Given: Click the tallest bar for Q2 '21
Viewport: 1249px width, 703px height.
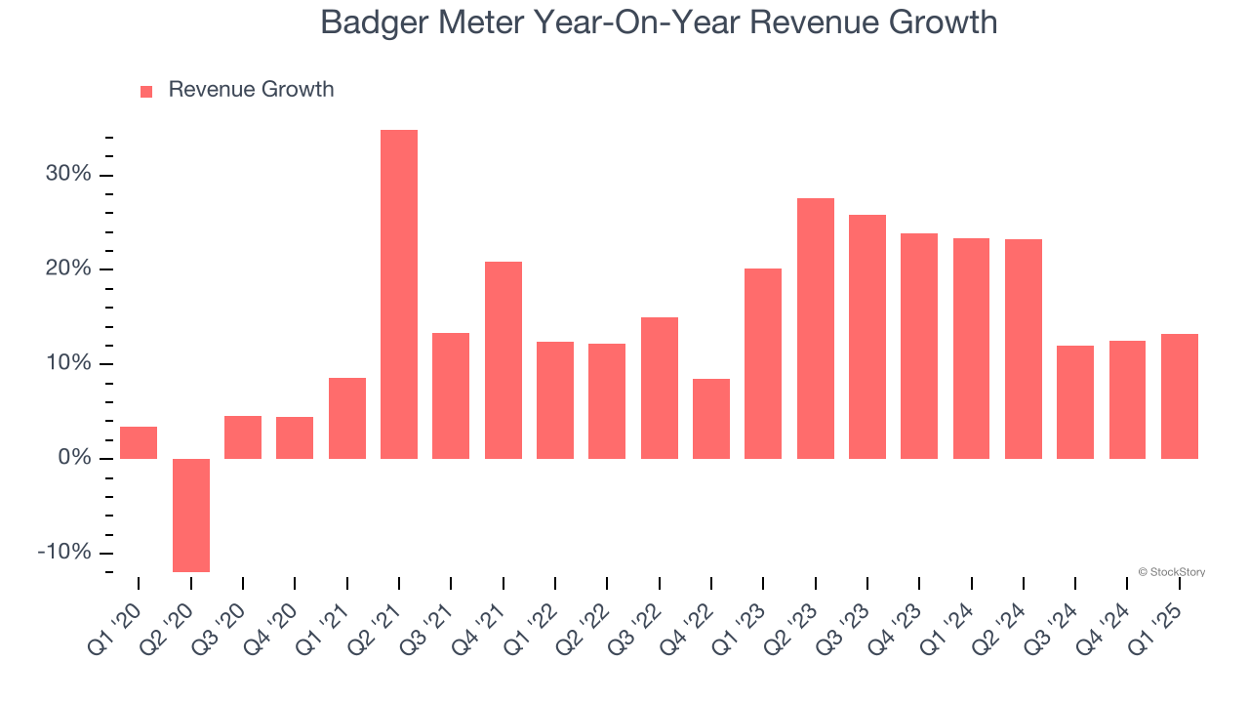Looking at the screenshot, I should click(399, 293).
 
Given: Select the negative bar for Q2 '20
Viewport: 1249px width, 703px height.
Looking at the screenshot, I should click(191, 515).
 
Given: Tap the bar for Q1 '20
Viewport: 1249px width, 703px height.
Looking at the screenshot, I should click(139, 442).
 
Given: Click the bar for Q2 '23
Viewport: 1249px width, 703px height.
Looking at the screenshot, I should click(816, 328).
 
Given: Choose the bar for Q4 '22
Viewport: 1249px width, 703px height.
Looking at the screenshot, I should click(711, 418).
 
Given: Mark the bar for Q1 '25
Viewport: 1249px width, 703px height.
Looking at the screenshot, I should click(1180, 395).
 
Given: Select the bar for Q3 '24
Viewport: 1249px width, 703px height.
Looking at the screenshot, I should click(1075, 401).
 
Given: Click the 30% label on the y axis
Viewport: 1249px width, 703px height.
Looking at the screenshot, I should click(67, 175).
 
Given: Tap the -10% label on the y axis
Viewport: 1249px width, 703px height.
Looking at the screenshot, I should click(64, 552).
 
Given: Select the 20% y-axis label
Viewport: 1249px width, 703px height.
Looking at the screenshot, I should click(67, 269).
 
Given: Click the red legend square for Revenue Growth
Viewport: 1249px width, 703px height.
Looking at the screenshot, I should click(146, 91).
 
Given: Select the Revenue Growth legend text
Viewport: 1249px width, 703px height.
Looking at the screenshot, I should click(251, 90).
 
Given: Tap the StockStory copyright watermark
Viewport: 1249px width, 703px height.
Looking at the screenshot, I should click(1171, 572).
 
